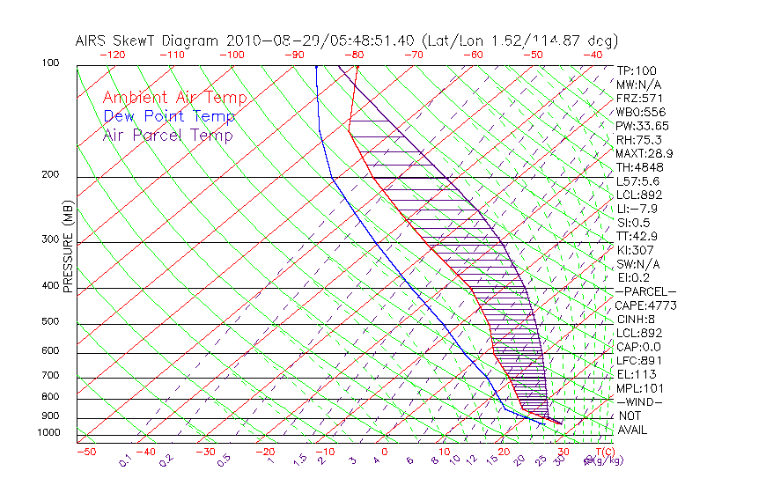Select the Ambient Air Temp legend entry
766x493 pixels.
(174, 98)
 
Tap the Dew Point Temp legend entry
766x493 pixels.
(169, 116)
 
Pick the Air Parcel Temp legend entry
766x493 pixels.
(168, 135)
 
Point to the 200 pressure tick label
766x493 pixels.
(49, 174)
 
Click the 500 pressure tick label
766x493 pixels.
(49, 322)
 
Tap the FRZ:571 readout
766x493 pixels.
(639, 99)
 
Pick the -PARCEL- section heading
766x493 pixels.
(645, 291)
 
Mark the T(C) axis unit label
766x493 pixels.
(599, 452)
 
